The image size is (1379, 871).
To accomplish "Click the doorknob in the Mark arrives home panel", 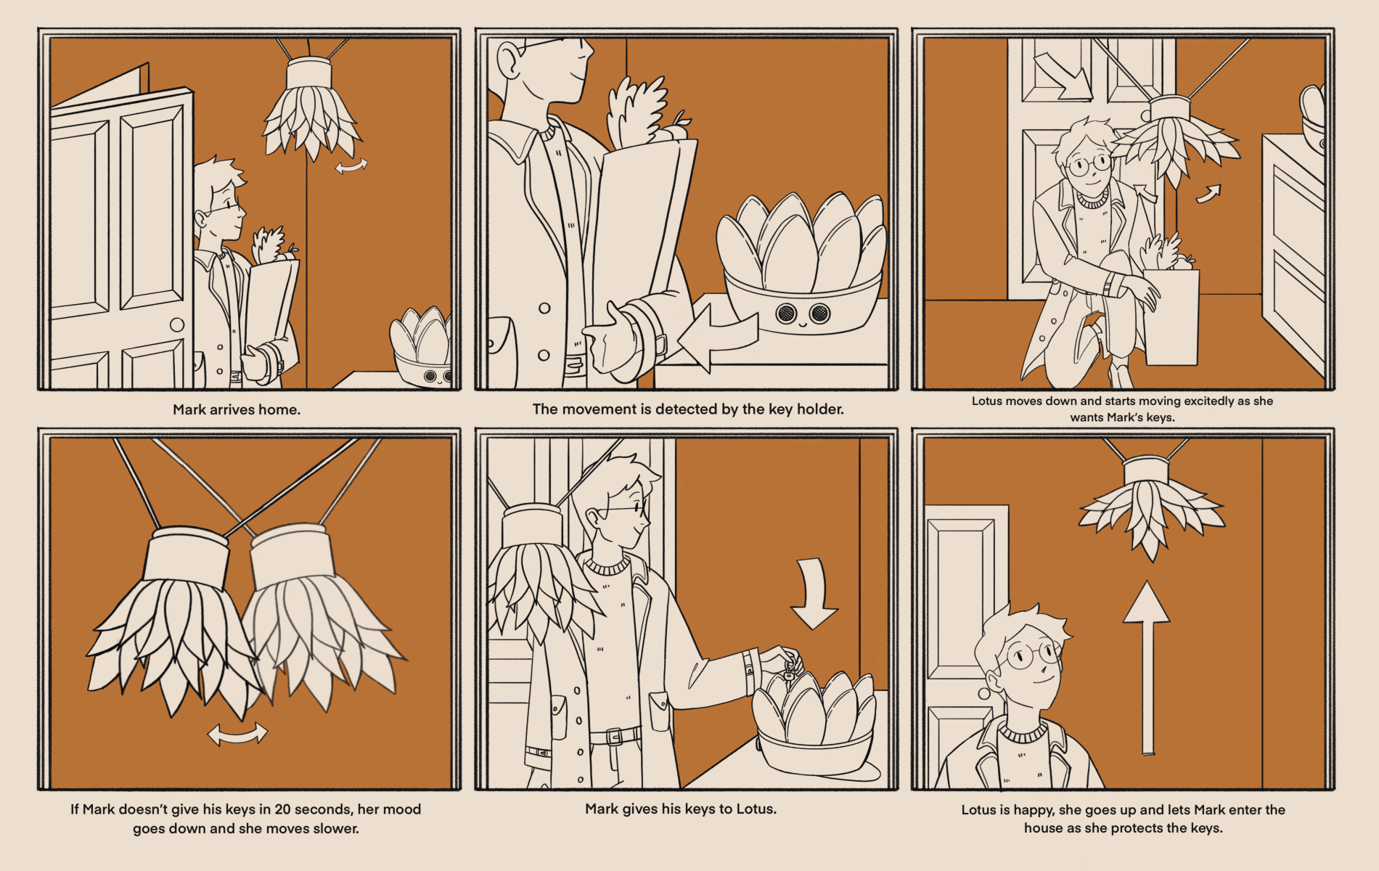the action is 177,324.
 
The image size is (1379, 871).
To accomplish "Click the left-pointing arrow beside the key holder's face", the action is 717,338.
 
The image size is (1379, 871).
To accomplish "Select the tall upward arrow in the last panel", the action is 1147,668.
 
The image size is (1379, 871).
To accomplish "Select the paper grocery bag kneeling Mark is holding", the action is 1171,316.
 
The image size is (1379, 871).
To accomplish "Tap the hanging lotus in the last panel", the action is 1151,508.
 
